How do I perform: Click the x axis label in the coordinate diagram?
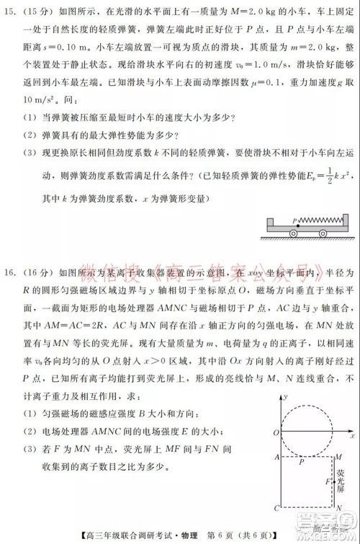pos(353,437)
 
